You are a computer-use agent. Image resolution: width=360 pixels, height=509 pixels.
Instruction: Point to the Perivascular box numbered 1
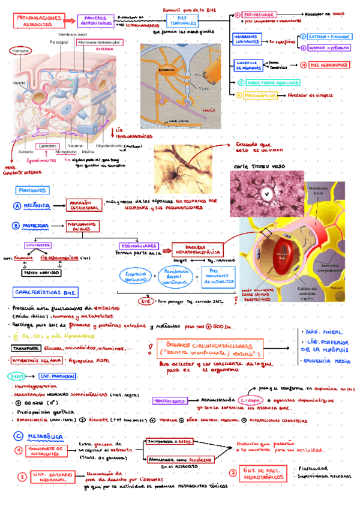[260, 14]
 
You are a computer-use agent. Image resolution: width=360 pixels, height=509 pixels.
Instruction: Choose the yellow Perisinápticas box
[261, 94]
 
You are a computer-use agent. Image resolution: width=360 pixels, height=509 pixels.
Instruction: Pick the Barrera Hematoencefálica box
[197, 248]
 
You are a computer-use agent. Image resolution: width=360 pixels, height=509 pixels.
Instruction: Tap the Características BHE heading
[55, 293]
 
